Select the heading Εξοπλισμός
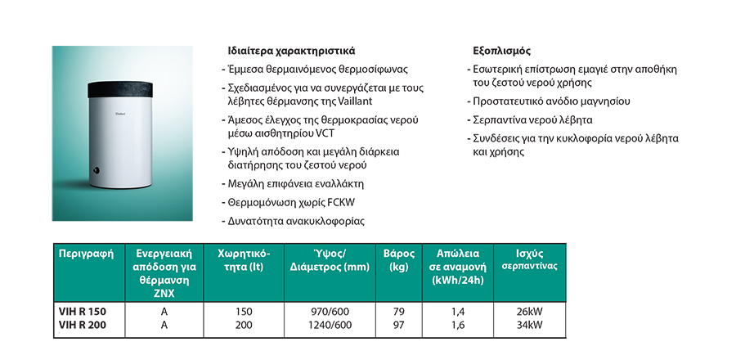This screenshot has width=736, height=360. click(x=501, y=49)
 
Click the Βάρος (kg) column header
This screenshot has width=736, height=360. click(x=399, y=259)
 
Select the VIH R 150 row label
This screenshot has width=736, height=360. click(x=83, y=312)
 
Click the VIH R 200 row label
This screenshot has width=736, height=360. click(x=83, y=325)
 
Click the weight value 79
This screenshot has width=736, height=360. click(x=399, y=312)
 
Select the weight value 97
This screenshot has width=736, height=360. click(x=399, y=325)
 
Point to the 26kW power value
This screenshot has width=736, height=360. click(x=530, y=312)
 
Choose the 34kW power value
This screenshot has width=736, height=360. click(x=530, y=325)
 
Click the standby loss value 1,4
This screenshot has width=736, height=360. click(x=457, y=312)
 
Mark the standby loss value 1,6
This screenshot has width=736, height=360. click(x=457, y=325)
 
